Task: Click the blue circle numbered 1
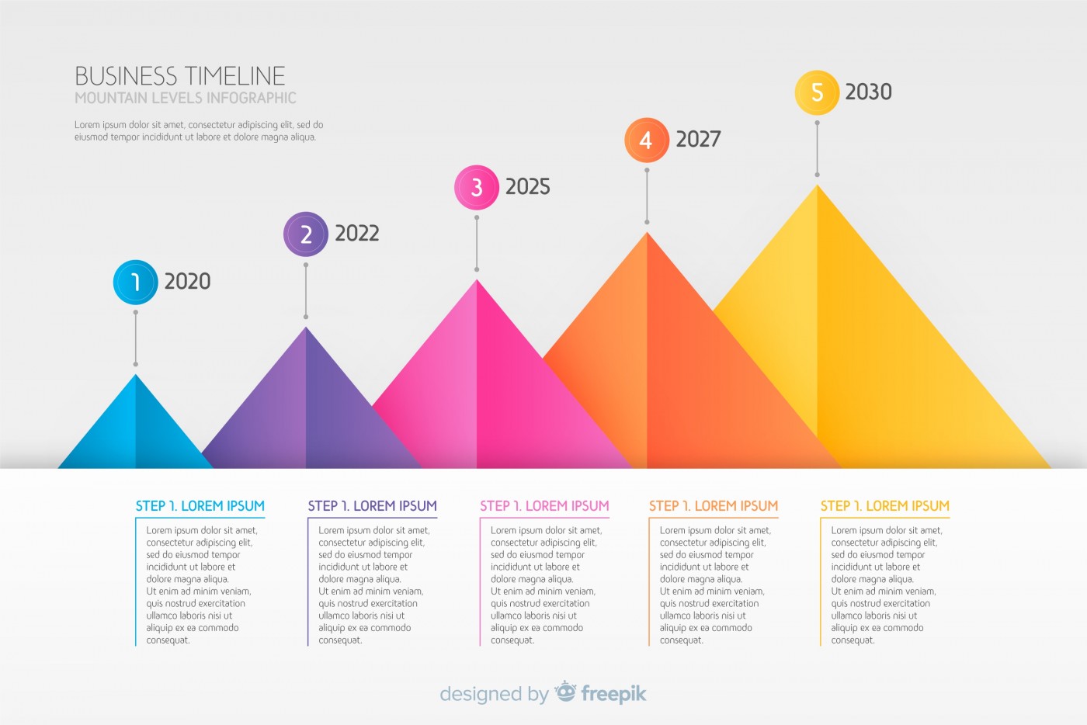[x=135, y=282]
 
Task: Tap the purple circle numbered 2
[x=306, y=234]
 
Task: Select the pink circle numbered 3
[x=476, y=187]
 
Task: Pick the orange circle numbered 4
[x=646, y=140]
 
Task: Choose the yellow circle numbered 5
[x=817, y=92]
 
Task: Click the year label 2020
[x=187, y=281]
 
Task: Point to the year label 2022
[x=356, y=234]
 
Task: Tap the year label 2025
[x=527, y=187]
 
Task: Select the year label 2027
[x=698, y=140]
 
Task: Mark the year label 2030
[x=868, y=92]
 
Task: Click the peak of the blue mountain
[x=136, y=376]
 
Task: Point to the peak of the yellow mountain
[x=817, y=186]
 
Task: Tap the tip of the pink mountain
[x=477, y=281]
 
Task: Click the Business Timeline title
[x=180, y=76]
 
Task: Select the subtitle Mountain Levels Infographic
[x=186, y=98]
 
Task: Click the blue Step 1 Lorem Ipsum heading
[x=200, y=506]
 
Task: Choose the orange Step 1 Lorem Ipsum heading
[x=714, y=506]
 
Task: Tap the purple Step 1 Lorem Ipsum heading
[x=372, y=506]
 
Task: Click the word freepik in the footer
[x=613, y=693]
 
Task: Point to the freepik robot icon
[x=565, y=691]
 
